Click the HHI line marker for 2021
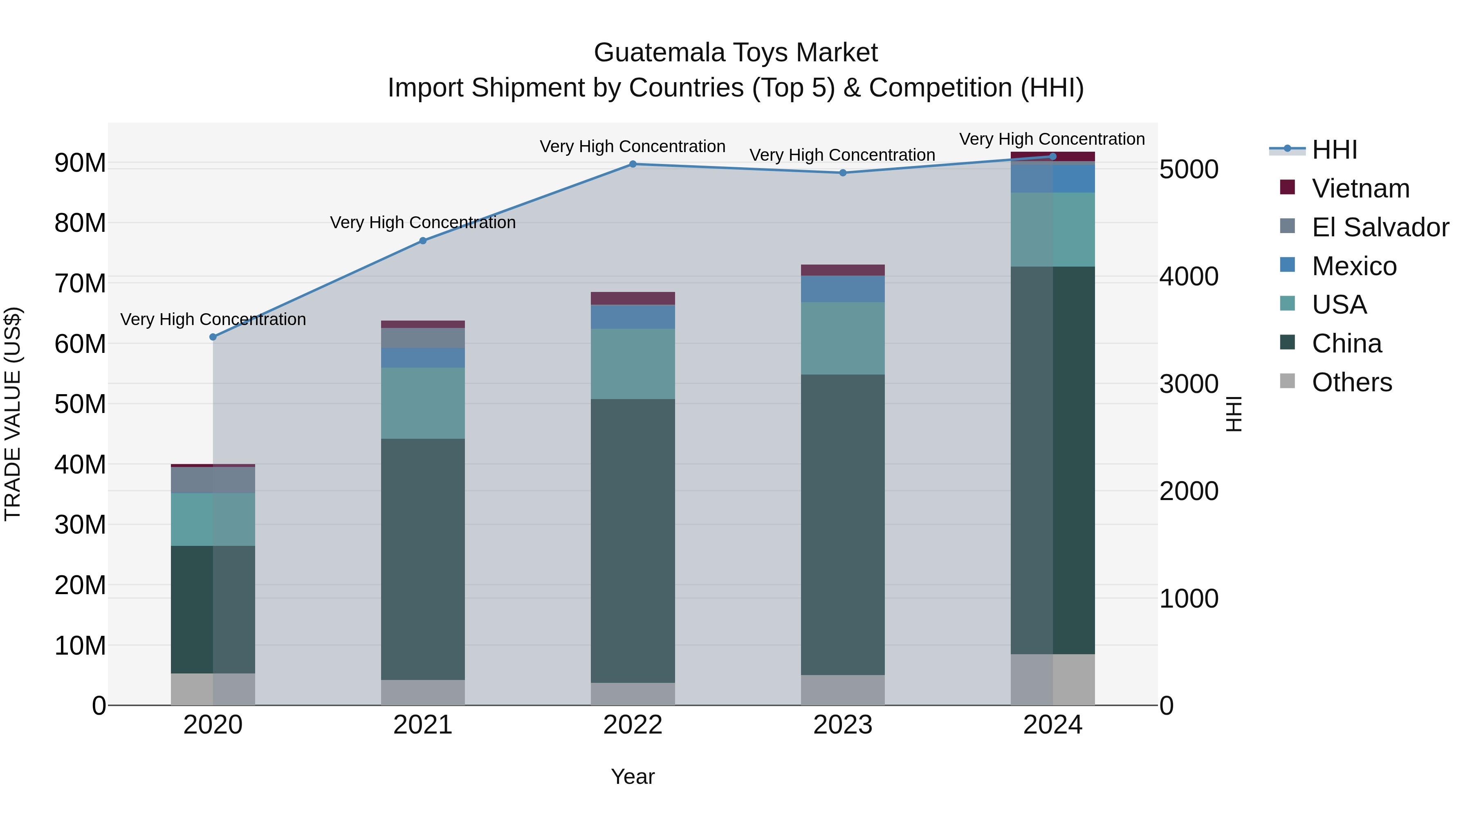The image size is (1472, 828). coord(423,240)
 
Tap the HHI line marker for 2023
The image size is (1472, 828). coord(843,173)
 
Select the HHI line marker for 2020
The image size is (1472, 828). coord(213,337)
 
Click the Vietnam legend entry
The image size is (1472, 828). coord(1360,188)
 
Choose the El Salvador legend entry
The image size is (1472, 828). coord(1380,227)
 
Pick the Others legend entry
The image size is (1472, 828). coord(1351,382)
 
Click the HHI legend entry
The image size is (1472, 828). coord(1334,150)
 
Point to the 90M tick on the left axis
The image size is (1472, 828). coord(80,163)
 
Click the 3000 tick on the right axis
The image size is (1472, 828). coord(1189,384)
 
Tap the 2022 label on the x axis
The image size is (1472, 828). coord(633,725)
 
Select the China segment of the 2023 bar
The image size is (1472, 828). coord(843,525)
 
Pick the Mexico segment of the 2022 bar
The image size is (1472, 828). coord(633,317)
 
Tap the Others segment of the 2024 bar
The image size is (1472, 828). coord(1052,680)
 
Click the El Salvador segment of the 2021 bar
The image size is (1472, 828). coord(423,338)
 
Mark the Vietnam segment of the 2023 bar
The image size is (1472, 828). coord(843,270)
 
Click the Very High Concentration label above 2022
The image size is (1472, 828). coord(633,146)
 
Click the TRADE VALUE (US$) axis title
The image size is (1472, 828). coord(13,414)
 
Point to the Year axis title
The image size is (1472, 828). coord(633,776)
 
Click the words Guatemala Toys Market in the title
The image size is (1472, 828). coord(736,53)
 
